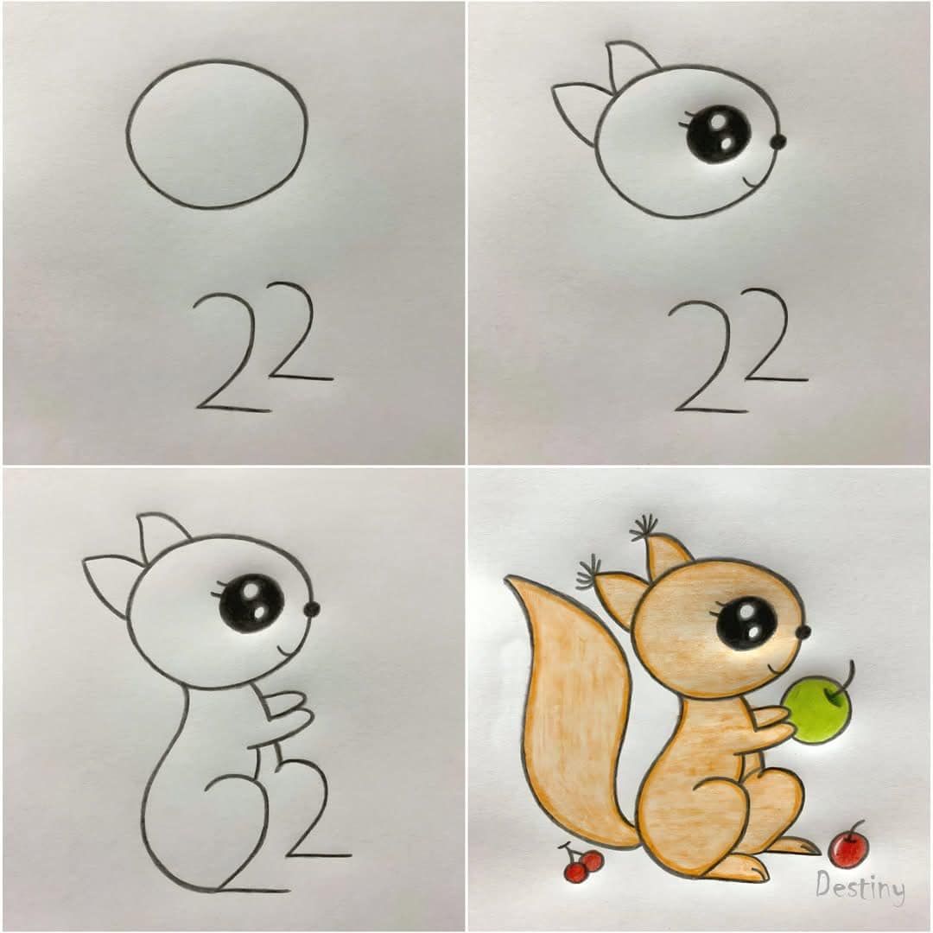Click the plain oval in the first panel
tap(127, 134)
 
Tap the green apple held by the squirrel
tap(816, 712)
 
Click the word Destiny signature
tap(860, 886)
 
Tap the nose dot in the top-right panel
tap(778, 142)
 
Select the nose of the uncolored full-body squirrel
tap(312, 609)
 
